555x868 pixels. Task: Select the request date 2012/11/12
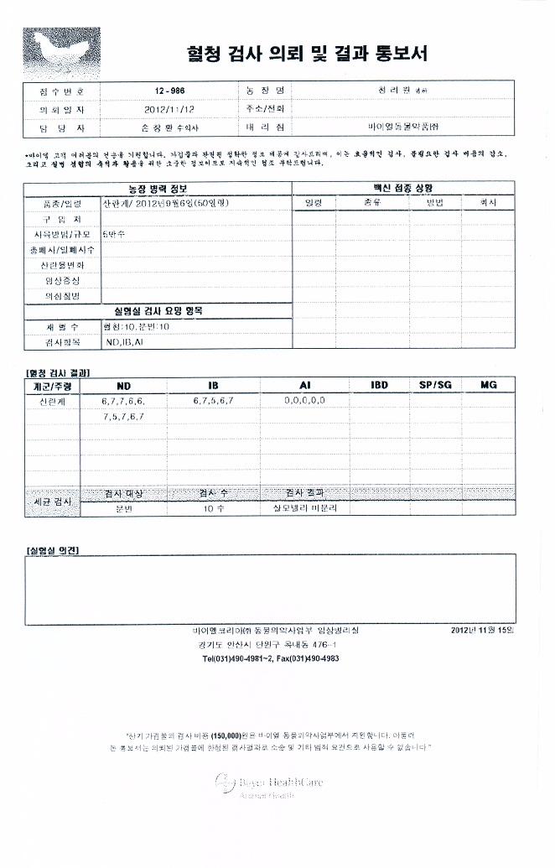coord(169,109)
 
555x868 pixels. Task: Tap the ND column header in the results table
coord(124,385)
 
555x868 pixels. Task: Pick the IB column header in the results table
coord(213,385)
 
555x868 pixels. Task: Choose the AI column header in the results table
coord(304,385)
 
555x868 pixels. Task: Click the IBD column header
coord(379,385)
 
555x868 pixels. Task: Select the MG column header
coord(489,385)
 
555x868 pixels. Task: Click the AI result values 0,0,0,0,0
coord(304,401)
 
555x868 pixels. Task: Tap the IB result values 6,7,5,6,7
coord(213,401)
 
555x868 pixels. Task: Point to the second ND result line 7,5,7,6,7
coord(124,416)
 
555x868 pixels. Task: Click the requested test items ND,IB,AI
coord(124,343)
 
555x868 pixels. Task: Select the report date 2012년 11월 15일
coord(483,630)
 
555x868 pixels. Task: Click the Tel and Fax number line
coord(271,659)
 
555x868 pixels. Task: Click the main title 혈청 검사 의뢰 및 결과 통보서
coord(306,55)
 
